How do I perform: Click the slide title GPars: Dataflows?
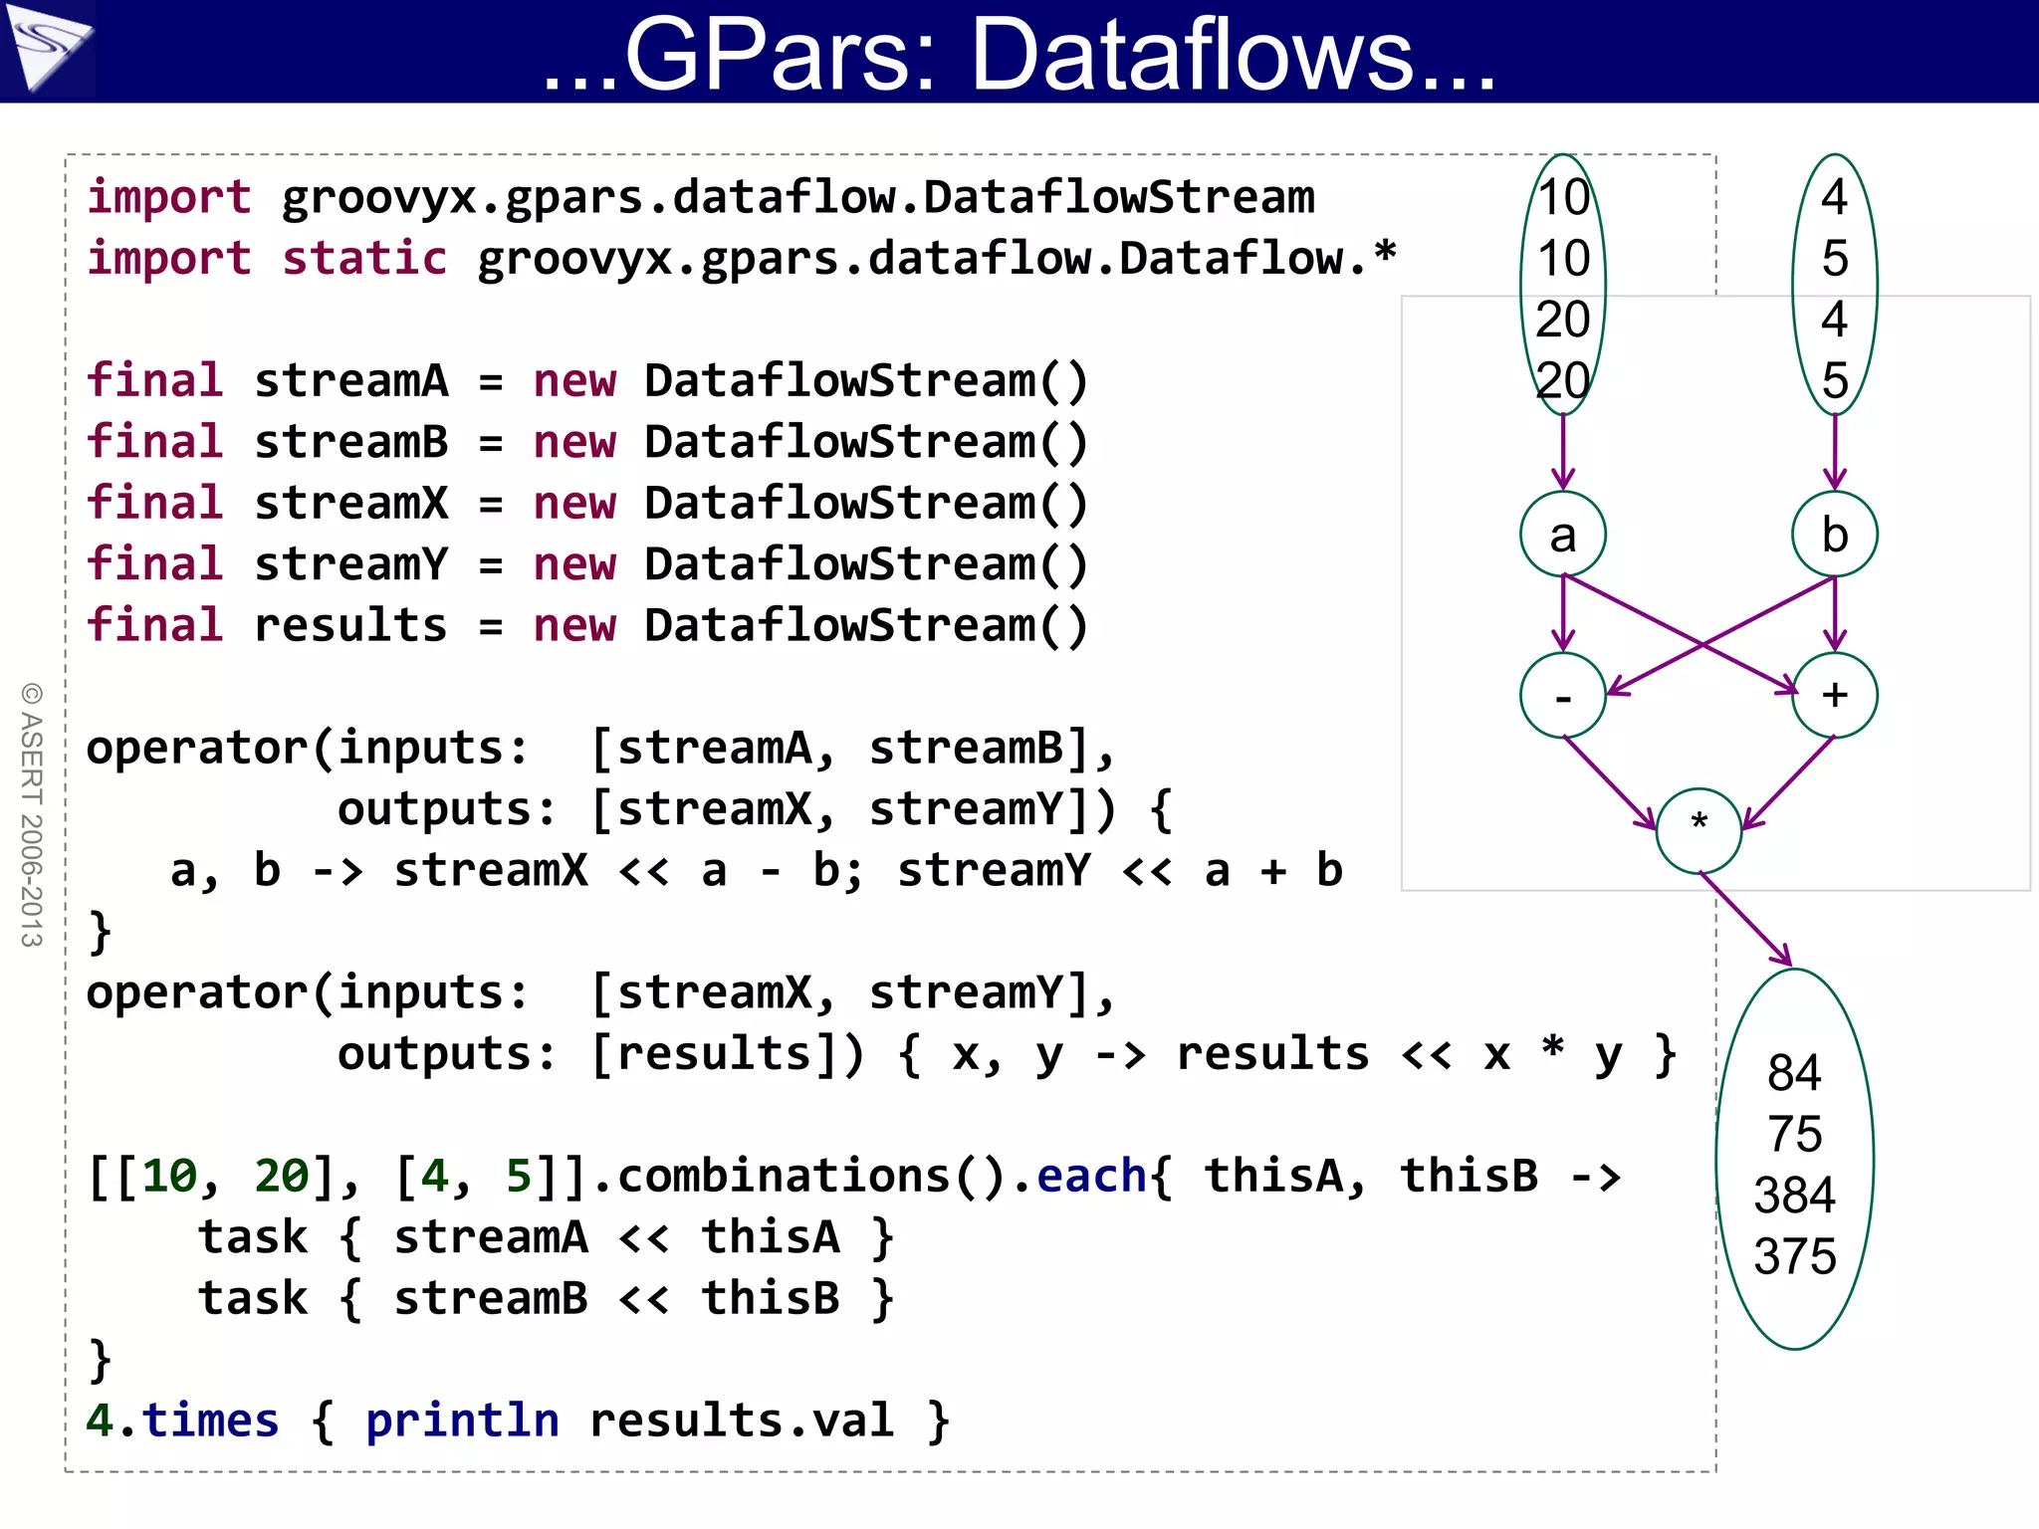click(x=1019, y=54)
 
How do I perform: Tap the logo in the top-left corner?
click(x=47, y=48)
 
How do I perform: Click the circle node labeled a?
click(x=1563, y=535)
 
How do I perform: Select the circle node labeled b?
click(x=1834, y=535)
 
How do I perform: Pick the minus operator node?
click(x=1563, y=696)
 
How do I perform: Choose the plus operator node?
click(x=1834, y=696)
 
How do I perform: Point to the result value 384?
click(x=1794, y=1196)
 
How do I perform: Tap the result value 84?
click(x=1794, y=1073)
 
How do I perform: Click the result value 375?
click(x=1794, y=1256)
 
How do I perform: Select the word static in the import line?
click(x=364, y=259)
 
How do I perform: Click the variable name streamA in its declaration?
click(x=351, y=381)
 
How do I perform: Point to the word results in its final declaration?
click(x=350, y=626)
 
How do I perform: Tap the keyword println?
click(x=462, y=1420)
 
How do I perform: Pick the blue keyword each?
click(x=1091, y=1177)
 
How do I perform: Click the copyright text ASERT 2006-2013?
click(x=32, y=814)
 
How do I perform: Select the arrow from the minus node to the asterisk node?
click(x=1609, y=782)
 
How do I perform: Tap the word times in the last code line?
click(x=210, y=1420)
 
